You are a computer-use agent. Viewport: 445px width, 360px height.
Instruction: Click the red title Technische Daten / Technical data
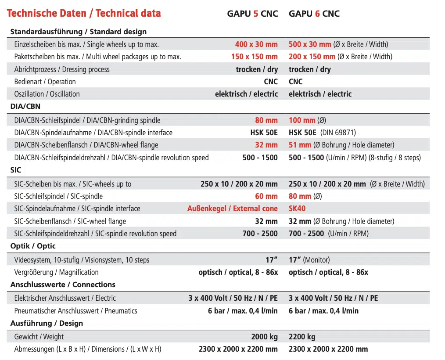[x=84, y=13]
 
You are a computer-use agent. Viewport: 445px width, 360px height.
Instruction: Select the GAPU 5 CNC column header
[x=252, y=14]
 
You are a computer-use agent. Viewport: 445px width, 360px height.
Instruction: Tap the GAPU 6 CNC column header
[x=314, y=14]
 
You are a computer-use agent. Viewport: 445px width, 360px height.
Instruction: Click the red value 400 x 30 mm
[x=256, y=44]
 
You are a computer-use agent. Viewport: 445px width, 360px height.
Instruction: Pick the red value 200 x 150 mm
[x=312, y=57]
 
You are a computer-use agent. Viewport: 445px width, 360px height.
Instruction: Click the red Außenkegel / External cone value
[x=233, y=209]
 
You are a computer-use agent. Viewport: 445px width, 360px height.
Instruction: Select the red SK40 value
[x=297, y=209]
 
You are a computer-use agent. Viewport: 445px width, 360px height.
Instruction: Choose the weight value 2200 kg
[x=302, y=337]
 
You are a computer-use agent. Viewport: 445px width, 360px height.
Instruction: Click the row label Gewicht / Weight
[x=39, y=337]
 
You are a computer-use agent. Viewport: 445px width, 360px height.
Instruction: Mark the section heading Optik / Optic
[x=33, y=246]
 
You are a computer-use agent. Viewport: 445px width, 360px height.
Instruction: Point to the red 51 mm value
[x=300, y=145]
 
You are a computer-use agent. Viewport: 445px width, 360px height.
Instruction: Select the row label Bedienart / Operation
[x=45, y=82]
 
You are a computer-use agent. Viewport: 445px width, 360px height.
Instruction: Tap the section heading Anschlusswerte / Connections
[x=63, y=284]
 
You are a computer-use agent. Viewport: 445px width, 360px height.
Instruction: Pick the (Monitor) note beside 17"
[x=316, y=260]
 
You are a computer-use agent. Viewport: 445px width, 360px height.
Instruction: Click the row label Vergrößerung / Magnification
[x=56, y=272]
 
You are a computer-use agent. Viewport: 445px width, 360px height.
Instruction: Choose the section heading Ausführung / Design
[x=47, y=323]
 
